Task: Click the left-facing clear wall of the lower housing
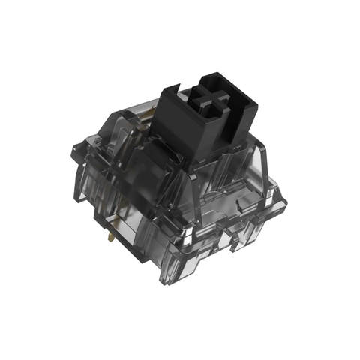point(127,217)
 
